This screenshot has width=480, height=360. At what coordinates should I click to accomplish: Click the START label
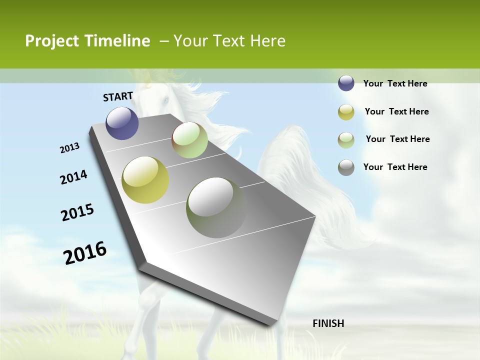pos(118,96)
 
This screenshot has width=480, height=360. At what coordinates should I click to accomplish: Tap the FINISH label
pos(328,323)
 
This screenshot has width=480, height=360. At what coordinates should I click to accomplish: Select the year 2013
pos(70,148)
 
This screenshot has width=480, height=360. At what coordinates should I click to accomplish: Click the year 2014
pos(73,177)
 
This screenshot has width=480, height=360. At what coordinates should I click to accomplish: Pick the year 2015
pos(77,212)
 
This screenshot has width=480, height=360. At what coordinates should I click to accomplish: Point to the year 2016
pos(85,252)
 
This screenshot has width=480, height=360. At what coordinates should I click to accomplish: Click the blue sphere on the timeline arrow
pos(122,123)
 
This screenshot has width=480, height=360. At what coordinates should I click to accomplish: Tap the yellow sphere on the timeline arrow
pos(145,180)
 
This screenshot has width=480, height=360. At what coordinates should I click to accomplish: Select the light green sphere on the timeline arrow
pos(189,140)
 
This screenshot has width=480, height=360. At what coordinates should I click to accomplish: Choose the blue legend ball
pos(346,83)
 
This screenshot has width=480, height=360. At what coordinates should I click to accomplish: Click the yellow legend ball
pos(346,112)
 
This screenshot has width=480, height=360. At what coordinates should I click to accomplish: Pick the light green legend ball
pos(346,140)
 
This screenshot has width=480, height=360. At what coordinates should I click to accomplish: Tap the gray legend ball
pos(346,167)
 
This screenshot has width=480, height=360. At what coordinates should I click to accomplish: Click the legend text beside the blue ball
pos(395,83)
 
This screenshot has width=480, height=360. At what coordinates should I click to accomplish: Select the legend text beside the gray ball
pos(395,167)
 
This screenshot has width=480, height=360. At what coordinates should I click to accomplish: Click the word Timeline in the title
pos(118,41)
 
